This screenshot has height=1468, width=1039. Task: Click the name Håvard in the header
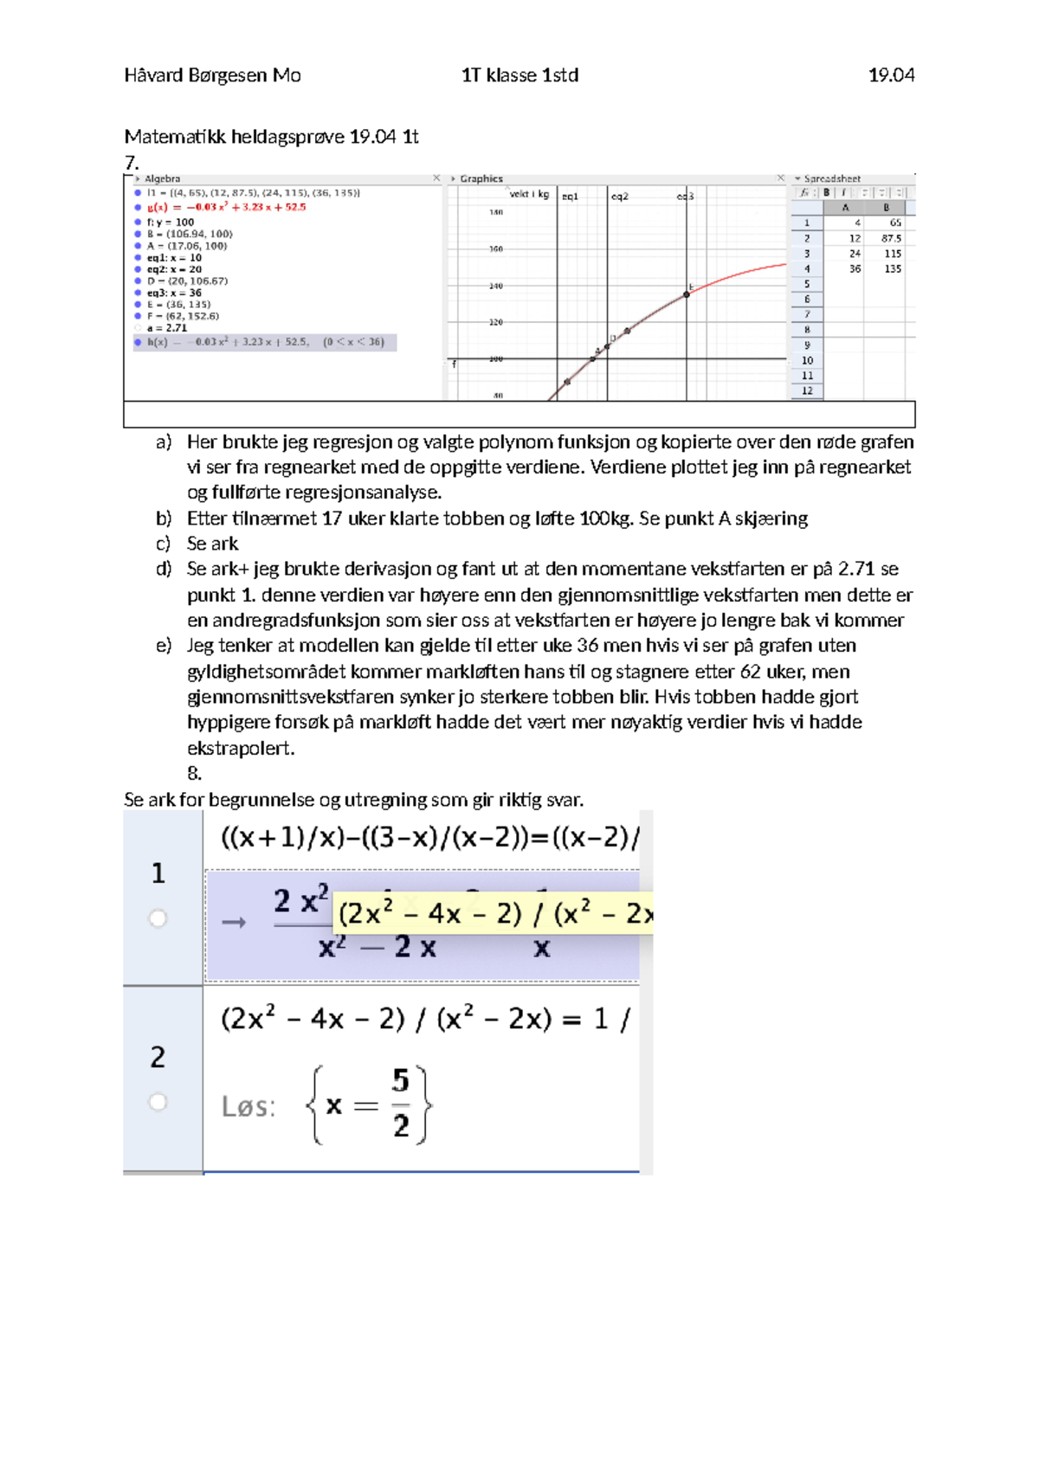152,75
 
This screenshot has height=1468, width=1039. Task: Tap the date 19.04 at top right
891,75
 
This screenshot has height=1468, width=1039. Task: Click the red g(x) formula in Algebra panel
226,208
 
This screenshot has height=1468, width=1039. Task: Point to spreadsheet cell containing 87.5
891,238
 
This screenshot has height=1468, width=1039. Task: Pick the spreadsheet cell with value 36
855,269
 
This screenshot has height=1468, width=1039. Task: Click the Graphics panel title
481,178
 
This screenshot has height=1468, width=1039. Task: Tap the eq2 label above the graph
620,196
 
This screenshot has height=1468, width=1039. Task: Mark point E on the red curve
687,294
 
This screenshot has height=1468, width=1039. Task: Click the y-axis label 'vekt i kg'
529,194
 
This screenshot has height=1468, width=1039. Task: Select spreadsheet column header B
886,208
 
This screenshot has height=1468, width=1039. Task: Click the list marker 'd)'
164,569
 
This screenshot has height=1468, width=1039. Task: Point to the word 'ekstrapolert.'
241,748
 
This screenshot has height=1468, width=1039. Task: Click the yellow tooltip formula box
493,913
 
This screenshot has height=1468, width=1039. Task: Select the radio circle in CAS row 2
158,1102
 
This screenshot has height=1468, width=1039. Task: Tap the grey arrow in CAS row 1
234,923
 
